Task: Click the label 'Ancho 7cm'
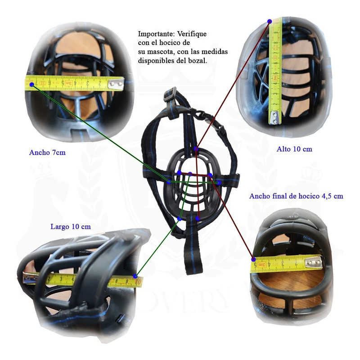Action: [x=47, y=153]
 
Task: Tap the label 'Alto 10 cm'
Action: [x=294, y=149]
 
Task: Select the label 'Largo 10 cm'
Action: [x=71, y=227]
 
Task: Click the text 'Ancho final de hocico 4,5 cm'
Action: [x=296, y=196]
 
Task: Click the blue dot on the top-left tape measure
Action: [x=32, y=85]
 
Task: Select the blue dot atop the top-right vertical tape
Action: [x=270, y=21]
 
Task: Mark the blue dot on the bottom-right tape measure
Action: [x=253, y=260]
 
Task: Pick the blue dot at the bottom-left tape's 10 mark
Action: [x=135, y=276]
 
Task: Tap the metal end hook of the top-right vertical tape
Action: [x=274, y=117]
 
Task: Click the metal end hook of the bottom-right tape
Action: [x=313, y=262]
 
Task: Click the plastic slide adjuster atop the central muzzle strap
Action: [x=170, y=94]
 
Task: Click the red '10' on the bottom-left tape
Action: [x=138, y=282]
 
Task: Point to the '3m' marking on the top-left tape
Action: [x=69, y=83]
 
